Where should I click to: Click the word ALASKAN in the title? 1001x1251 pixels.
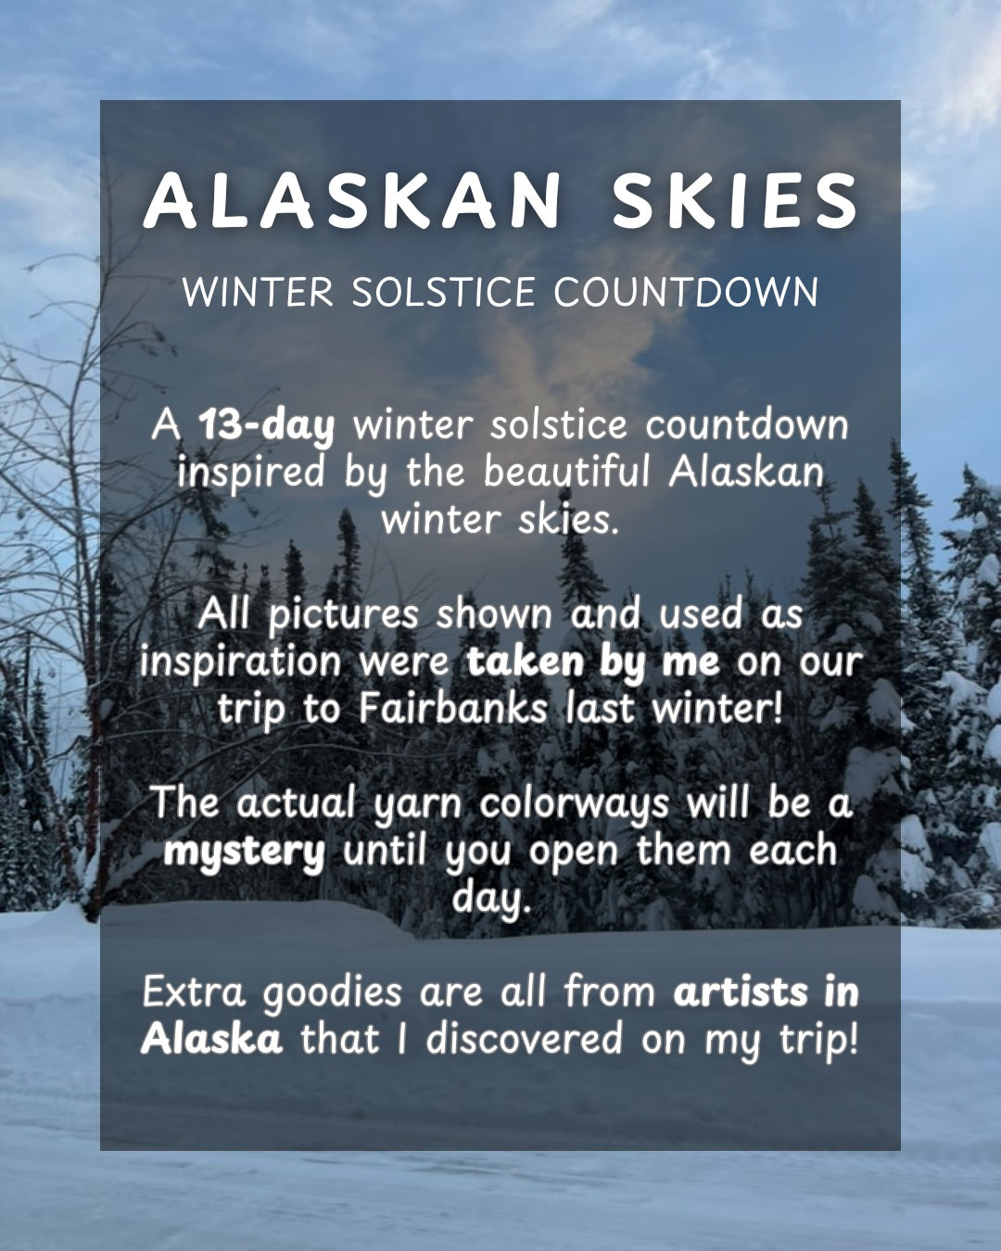pos(353,201)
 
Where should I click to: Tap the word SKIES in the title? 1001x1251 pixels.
pos(735,201)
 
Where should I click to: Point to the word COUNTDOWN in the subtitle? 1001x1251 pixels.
pos(686,293)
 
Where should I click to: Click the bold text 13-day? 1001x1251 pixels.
pos(267,425)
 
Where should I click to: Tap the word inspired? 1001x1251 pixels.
pos(251,472)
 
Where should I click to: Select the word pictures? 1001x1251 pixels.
pos(344,614)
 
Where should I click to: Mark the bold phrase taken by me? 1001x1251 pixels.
pos(593,662)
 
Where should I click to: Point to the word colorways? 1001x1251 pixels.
pos(575,803)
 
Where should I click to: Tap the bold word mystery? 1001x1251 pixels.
pos(244,851)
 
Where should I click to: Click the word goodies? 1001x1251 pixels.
pos(332,993)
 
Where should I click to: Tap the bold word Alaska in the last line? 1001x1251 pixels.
pos(212,1040)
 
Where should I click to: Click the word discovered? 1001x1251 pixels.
pos(524,1040)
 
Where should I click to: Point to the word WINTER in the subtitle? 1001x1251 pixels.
pos(257,293)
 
